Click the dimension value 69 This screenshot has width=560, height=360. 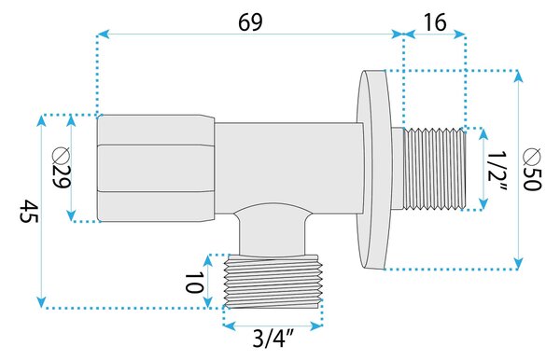pyautogui.click(x=250, y=22)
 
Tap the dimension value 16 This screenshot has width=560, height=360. pyautogui.click(x=435, y=22)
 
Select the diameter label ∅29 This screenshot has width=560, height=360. pyautogui.click(x=61, y=168)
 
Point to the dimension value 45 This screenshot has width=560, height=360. pyautogui.click(x=28, y=211)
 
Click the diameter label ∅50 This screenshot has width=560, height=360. pyautogui.click(x=532, y=169)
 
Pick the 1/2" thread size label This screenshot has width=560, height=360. pyautogui.click(x=497, y=172)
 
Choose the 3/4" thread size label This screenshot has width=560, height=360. pyautogui.click(x=273, y=339)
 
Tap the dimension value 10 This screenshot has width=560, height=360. pyautogui.click(x=194, y=282)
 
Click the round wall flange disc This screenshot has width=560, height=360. pyautogui.click(x=374, y=169)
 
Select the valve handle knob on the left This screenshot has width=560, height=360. pyautogui.click(x=156, y=168)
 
